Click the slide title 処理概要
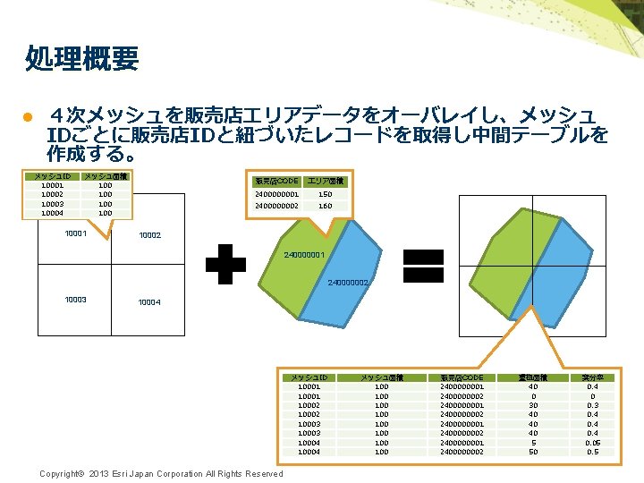pyautogui.click(x=82, y=59)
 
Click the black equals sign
pyautogui.click(x=424, y=265)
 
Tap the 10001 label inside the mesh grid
pyautogui.click(x=76, y=234)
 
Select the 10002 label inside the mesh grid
pyautogui.click(x=149, y=235)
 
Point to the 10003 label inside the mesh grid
pyautogui.click(x=76, y=299)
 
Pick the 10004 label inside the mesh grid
pyautogui.click(x=149, y=302)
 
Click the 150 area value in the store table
pyautogui.click(x=325, y=194)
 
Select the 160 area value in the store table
pyautogui.click(x=325, y=206)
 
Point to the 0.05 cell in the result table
pyautogui.click(x=592, y=442)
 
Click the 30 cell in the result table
pyautogui.click(x=533, y=405)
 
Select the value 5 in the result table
pyautogui.click(x=533, y=442)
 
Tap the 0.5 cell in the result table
pyautogui.click(x=592, y=452)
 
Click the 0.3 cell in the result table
pyautogui.click(x=592, y=405)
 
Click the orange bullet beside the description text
pyautogui.click(x=28, y=118)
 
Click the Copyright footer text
pyautogui.click(x=161, y=474)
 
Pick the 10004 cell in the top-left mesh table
pyautogui.click(x=52, y=213)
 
